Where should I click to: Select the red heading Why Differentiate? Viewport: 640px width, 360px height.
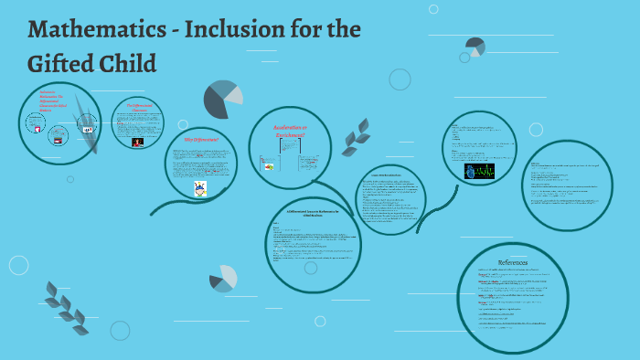(x=200, y=141)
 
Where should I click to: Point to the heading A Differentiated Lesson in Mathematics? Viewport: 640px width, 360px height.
(x=312, y=214)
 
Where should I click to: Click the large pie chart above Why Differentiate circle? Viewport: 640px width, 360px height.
(x=222, y=99)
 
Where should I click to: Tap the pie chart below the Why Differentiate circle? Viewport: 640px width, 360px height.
(x=223, y=278)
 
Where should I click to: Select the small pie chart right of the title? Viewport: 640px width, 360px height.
(x=475, y=47)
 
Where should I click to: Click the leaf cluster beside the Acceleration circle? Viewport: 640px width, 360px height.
(x=356, y=137)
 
